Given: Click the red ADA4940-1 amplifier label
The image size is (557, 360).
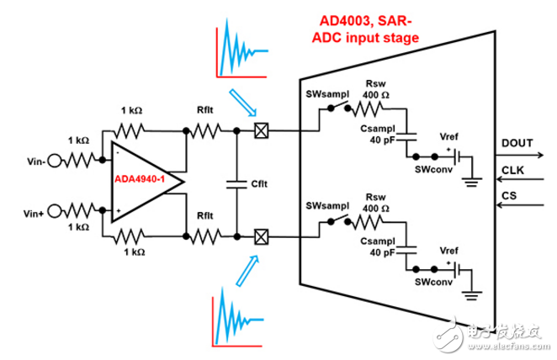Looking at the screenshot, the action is [x=140, y=179].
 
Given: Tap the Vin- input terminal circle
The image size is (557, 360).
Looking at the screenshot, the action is [x=55, y=161].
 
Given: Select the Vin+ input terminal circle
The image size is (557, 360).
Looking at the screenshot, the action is [x=55, y=211].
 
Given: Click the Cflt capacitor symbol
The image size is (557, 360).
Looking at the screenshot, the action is [x=236, y=184].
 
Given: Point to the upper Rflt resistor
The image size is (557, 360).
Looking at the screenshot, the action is [x=205, y=131].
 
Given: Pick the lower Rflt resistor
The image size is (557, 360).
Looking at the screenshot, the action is [x=205, y=236].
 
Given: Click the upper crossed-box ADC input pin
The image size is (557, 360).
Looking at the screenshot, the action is [x=262, y=131].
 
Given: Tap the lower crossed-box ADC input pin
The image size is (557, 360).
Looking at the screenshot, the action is [x=262, y=237].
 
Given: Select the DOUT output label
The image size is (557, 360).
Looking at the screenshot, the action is [x=517, y=143].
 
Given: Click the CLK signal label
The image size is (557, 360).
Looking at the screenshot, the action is [x=512, y=171].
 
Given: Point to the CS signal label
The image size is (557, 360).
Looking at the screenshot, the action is [x=509, y=196].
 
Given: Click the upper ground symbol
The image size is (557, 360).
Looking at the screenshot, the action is [x=471, y=183].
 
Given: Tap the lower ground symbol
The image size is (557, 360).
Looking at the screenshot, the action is [x=471, y=296].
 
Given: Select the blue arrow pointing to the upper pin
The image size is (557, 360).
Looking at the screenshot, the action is [x=242, y=103].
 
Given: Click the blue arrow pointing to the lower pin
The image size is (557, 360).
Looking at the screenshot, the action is [x=247, y=271].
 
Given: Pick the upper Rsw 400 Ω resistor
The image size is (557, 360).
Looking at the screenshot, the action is [x=367, y=109].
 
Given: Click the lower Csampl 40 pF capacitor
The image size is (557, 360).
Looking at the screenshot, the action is [x=406, y=251].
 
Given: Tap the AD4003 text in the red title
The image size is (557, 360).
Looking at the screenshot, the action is [x=346, y=21].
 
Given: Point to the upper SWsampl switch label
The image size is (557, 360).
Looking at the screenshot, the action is [x=327, y=94].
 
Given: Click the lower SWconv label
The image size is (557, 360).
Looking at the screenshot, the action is [x=433, y=282].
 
